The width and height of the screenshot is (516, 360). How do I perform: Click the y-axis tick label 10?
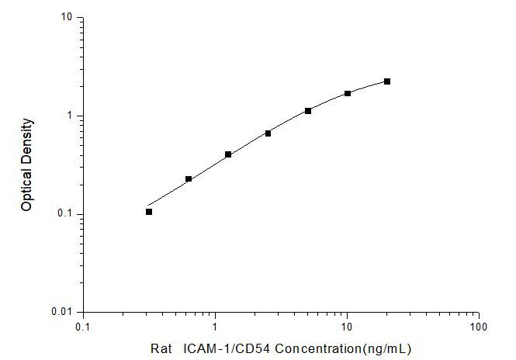[x=68, y=17]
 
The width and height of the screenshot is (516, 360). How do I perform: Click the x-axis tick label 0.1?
[x=82, y=326]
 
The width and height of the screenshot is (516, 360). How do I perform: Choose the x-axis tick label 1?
[x=215, y=326]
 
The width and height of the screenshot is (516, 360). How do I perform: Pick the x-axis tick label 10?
[x=347, y=326]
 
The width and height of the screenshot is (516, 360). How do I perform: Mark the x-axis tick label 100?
[x=479, y=326]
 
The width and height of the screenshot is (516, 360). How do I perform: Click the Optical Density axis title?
[x=27, y=164]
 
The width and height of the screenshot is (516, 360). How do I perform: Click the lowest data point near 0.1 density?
[x=149, y=212]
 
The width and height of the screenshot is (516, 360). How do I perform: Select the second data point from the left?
[x=189, y=179]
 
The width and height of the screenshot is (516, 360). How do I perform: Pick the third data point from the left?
[x=228, y=154]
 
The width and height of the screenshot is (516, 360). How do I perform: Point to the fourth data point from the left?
[x=268, y=133]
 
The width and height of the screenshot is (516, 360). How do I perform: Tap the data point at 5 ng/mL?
[x=308, y=111]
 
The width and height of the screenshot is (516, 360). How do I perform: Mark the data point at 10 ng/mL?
[x=348, y=93]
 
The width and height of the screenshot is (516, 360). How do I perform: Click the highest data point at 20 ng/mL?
[x=387, y=81]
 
